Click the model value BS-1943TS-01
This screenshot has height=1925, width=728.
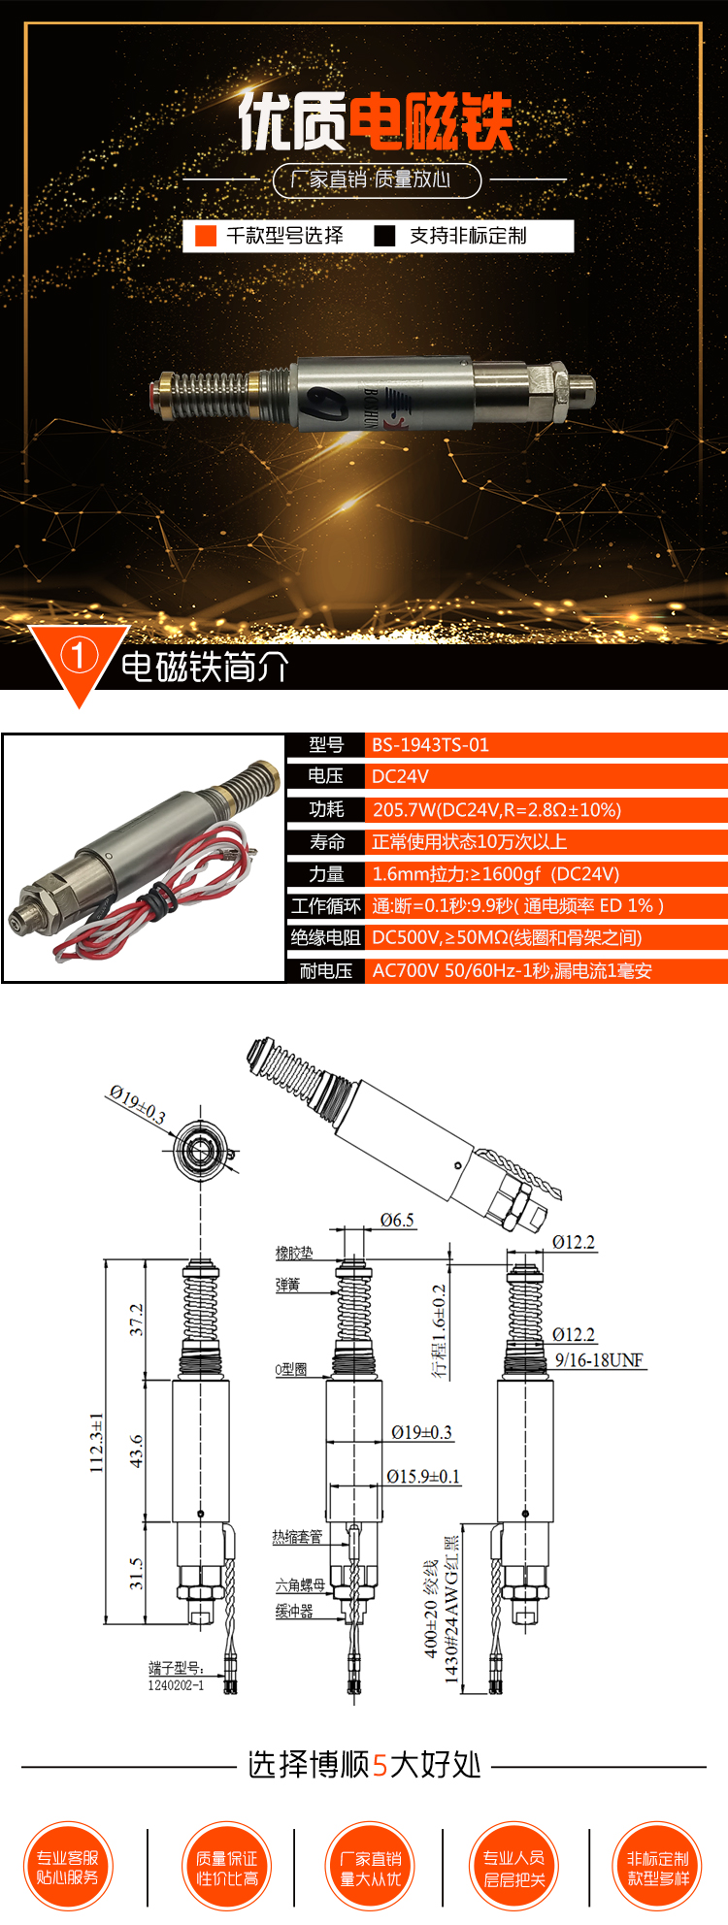[x=430, y=745]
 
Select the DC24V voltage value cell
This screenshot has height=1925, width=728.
[x=400, y=776]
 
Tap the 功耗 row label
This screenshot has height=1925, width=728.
[x=326, y=809]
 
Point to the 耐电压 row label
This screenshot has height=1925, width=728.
[x=325, y=970]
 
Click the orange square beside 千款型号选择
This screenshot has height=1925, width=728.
[x=206, y=236]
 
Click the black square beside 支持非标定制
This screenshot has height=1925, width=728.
[x=385, y=236]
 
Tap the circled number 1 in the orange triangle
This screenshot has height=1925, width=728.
[x=79, y=657]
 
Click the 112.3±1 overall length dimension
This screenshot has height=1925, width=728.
[x=97, y=1442]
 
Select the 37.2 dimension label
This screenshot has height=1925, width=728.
[x=137, y=1319]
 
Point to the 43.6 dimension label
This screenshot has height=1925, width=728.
[x=137, y=1451]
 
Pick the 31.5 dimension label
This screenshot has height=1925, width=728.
[x=137, y=1573]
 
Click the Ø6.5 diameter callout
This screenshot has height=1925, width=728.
[x=397, y=1220]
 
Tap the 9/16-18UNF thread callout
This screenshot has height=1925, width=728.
[x=599, y=1360]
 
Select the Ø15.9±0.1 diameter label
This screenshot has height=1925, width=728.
[x=423, y=1476]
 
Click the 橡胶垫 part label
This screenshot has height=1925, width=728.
[x=293, y=1253]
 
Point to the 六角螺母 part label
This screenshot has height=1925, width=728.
[x=300, y=1585]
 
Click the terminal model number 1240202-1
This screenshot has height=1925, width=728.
[x=176, y=1685]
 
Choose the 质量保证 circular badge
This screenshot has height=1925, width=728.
[x=226, y=1868]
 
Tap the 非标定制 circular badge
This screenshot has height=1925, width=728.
[x=657, y=1868]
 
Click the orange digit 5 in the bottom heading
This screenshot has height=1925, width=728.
[x=380, y=1764]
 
